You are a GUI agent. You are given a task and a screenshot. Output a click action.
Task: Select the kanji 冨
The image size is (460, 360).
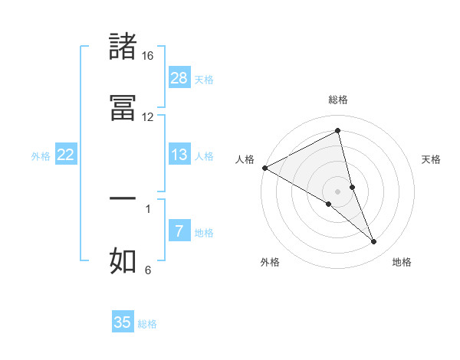[123, 106]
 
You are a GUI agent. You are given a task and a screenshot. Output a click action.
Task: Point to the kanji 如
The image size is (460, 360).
[123, 260]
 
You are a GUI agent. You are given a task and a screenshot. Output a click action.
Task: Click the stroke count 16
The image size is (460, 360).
[147, 56]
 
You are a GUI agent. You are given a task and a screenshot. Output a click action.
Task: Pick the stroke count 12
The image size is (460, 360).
[147, 117]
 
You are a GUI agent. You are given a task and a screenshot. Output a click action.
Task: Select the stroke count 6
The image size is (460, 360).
[148, 270]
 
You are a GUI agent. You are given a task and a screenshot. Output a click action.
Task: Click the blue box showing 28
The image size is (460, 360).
[179, 77]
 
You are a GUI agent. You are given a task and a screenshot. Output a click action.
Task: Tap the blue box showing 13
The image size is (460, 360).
[179, 155]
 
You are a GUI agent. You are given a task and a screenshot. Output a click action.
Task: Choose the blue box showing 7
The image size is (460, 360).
[179, 231]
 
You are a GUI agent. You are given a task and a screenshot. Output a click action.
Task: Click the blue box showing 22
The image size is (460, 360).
[66, 155]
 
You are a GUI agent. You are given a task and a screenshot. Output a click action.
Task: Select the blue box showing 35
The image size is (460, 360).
[123, 322]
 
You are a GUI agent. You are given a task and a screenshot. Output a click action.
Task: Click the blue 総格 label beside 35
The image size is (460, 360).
[147, 324]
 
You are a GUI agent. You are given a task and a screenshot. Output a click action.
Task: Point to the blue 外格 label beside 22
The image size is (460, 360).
[41, 156]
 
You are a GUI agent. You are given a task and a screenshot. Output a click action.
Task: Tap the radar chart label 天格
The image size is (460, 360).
[431, 159]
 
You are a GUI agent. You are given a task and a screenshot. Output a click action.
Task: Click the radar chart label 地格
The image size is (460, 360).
[402, 262]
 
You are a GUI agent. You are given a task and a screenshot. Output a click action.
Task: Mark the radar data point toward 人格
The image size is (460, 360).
[264, 168]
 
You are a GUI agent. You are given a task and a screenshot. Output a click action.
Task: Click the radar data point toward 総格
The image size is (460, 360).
[338, 131]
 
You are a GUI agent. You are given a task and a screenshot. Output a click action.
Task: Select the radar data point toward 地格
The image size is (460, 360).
[374, 242]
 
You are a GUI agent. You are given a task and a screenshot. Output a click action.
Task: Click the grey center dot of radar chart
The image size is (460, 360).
[338, 191]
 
